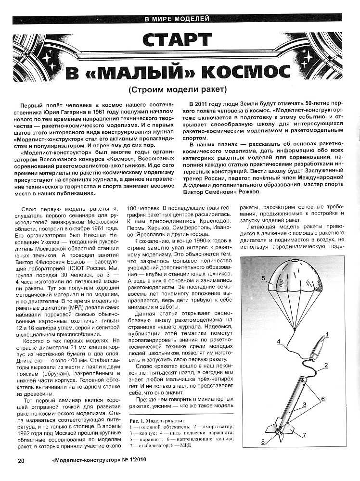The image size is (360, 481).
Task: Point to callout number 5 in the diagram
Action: pyautogui.click(x=263, y=278)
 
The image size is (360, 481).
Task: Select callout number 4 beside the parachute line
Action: pyautogui.click(x=279, y=342)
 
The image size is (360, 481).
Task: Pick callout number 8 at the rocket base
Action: pyautogui.click(x=276, y=441)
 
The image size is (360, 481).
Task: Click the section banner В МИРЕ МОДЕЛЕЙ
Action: pyautogui.click(x=177, y=19)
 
